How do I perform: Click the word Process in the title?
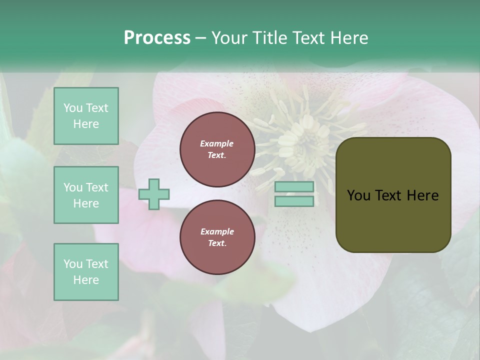pos(157,38)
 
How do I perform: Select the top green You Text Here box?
pos(86,116)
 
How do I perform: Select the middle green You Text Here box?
pos(86,195)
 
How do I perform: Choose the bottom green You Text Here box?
pos(86,272)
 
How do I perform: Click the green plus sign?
pos(154,193)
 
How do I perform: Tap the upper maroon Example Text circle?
pos(217,149)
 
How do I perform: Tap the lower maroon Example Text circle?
pos(217,237)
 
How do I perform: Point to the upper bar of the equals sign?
pos(294,186)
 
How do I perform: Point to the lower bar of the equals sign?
pos(294,201)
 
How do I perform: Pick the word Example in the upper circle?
pos(217,143)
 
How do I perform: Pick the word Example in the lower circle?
pos(217,231)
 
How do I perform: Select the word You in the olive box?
pos(358,195)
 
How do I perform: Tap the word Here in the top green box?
pos(86,124)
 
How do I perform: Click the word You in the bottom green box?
pos(73,264)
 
